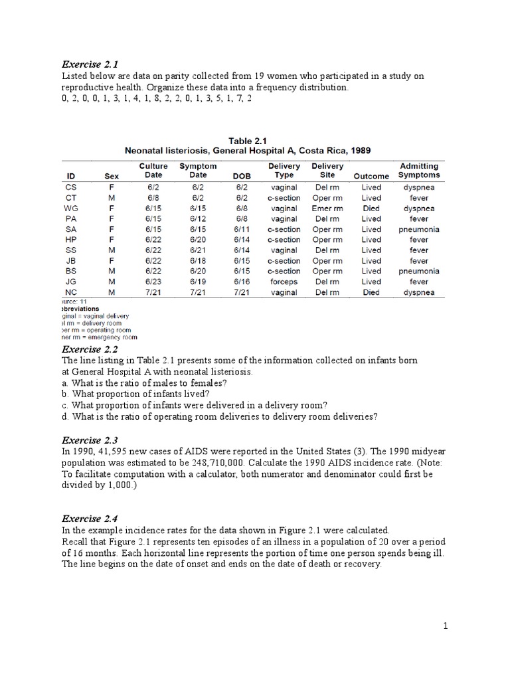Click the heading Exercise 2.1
point(89,64)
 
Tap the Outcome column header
point(371,176)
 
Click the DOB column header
point(242,176)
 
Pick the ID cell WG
point(71,208)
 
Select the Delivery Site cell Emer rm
point(327,208)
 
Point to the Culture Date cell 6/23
point(153,282)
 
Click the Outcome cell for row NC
point(371,292)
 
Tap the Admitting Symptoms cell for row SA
point(418,229)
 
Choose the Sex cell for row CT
point(112,198)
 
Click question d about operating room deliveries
point(219,417)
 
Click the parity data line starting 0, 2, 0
point(157,98)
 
